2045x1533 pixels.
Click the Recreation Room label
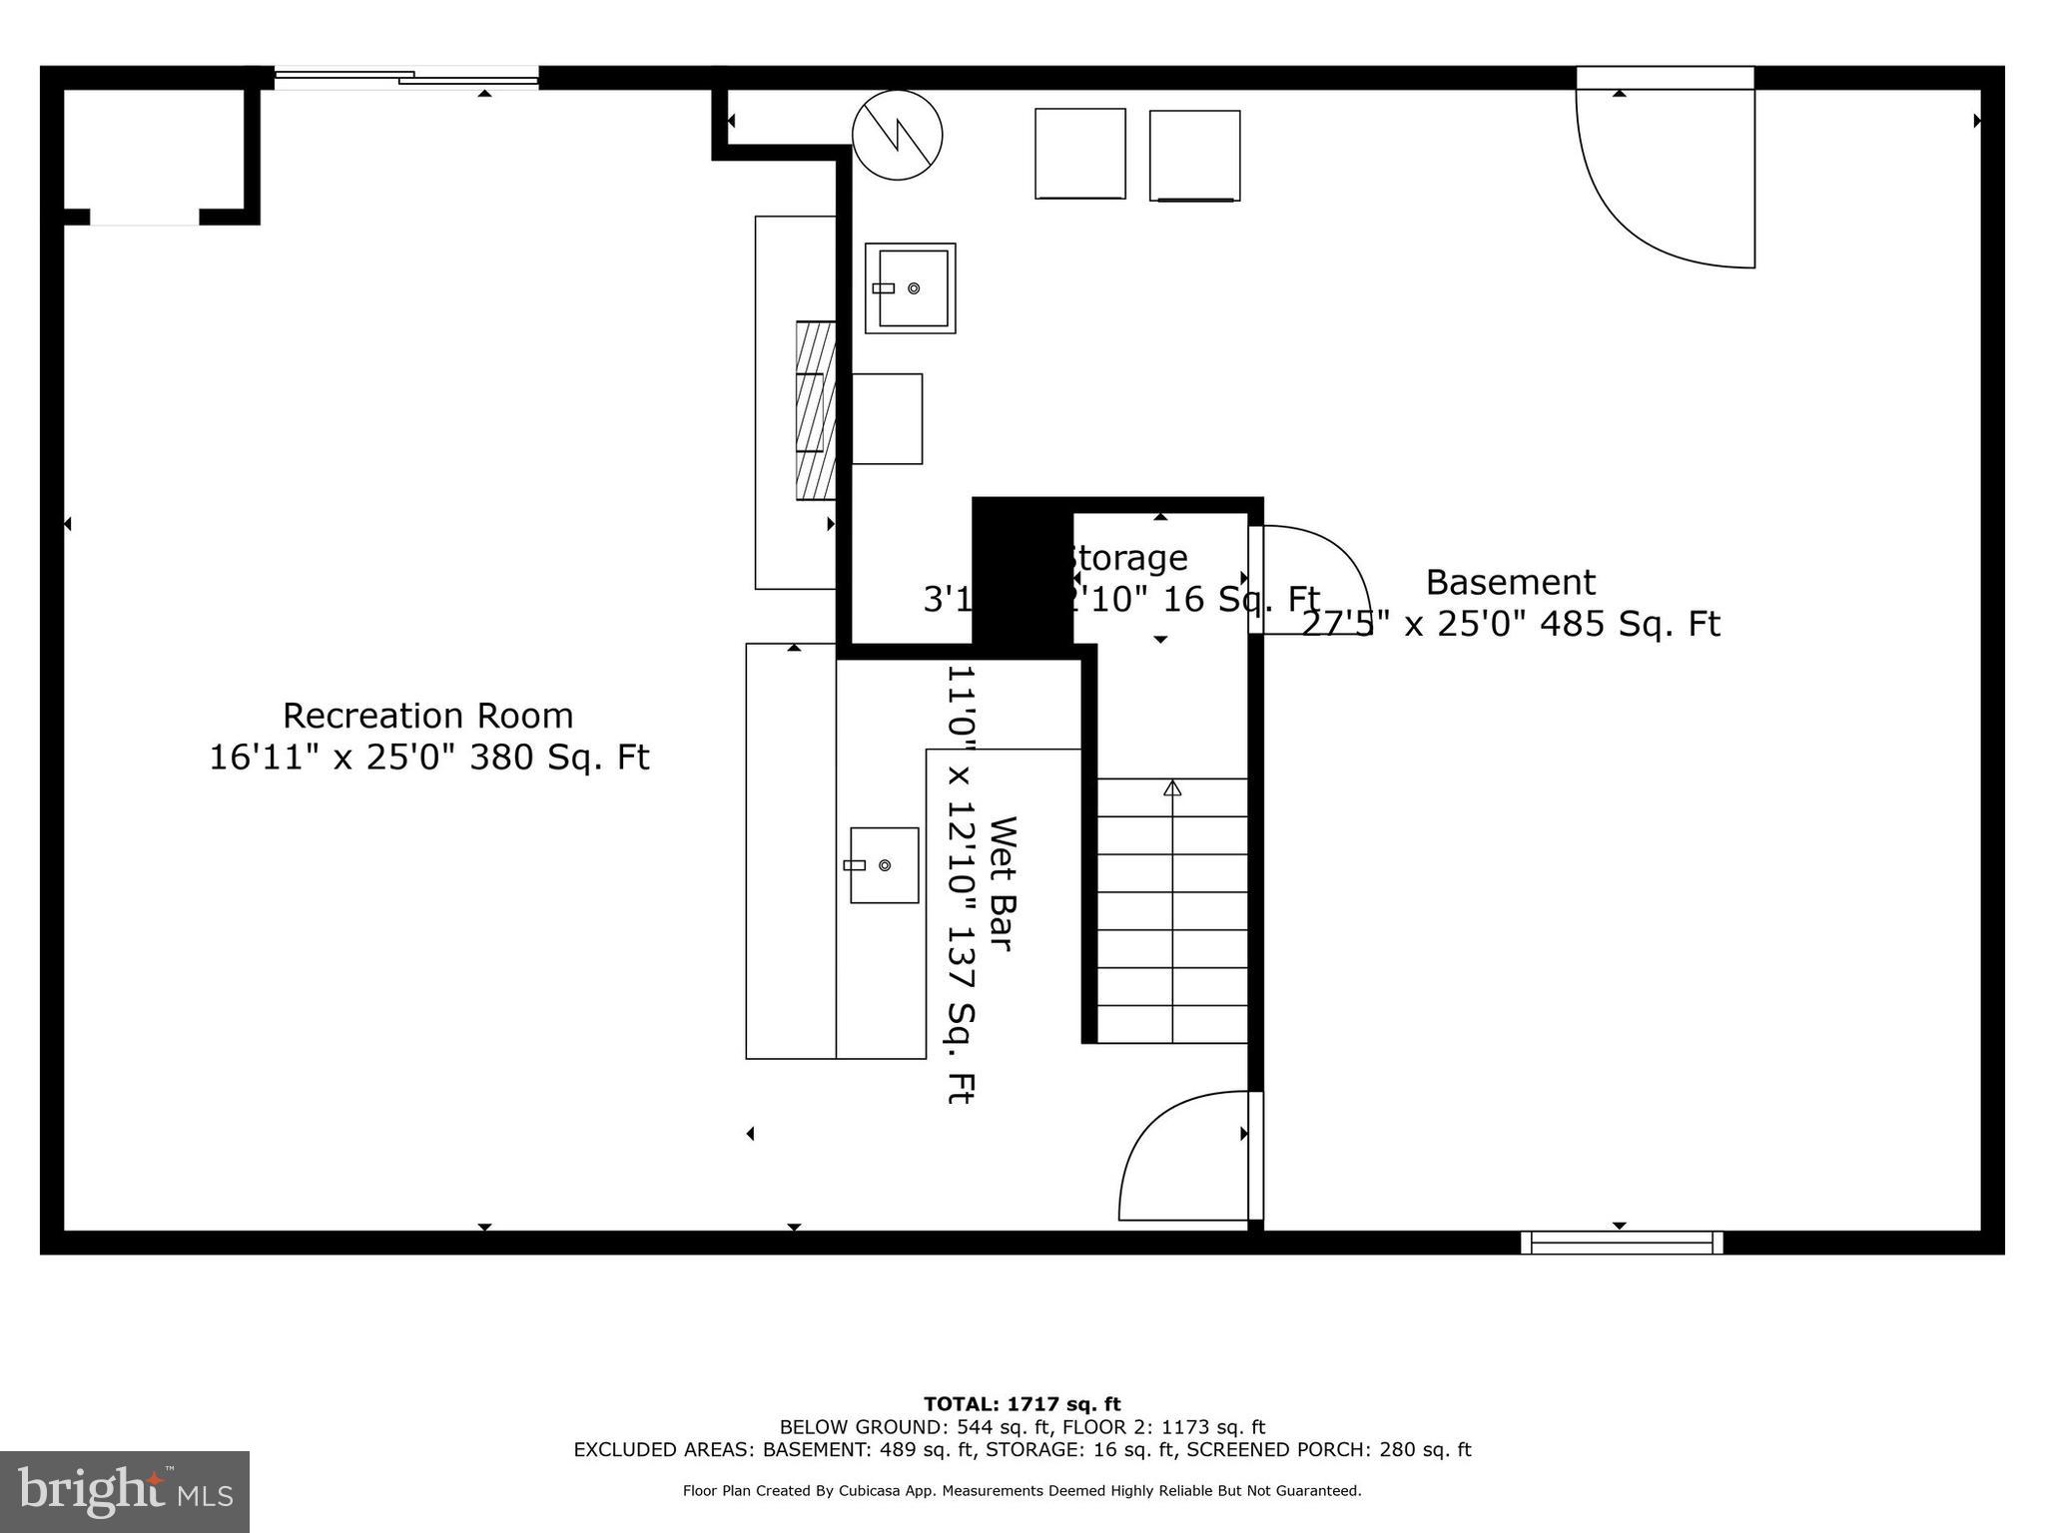pos(427,716)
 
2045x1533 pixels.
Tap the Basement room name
pos(1510,582)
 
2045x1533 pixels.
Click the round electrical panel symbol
pos(897,135)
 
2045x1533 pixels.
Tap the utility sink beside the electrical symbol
pos(910,288)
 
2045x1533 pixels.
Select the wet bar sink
pos(884,865)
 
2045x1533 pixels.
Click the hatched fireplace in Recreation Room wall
pos(815,410)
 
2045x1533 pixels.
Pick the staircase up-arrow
pos(1172,788)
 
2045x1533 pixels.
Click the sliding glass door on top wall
pos(406,77)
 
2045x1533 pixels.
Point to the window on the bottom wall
pos(1622,1242)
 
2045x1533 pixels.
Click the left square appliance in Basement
pos(1079,154)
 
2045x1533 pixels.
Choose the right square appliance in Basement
pos(1194,156)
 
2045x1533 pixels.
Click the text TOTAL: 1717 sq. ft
pos(1022,1404)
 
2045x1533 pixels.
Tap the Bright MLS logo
pos(124,1491)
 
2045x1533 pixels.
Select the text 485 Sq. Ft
pos(1630,624)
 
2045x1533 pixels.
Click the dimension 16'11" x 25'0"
pos(333,758)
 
